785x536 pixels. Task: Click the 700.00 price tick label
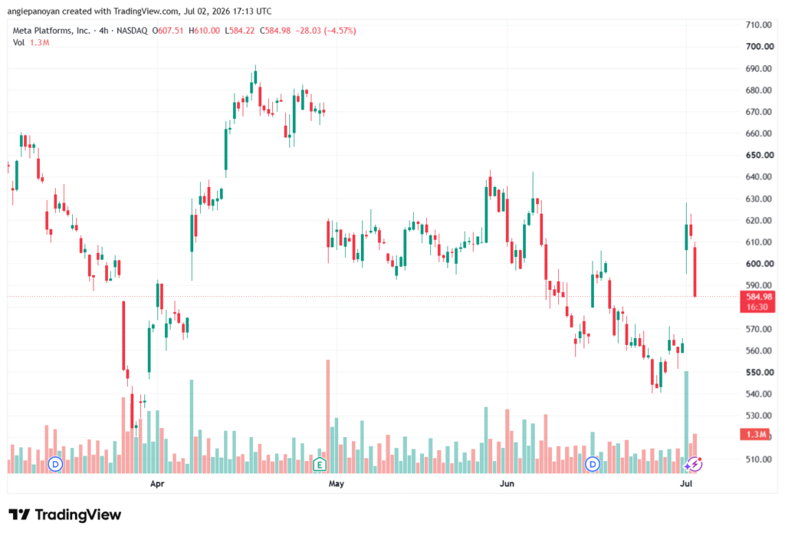pyautogui.click(x=760, y=47)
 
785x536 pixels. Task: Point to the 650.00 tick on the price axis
pyautogui.click(x=760, y=156)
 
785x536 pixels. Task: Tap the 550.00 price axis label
pyautogui.click(x=760, y=373)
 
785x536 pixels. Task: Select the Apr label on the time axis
pyautogui.click(x=157, y=483)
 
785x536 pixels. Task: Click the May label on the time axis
pyautogui.click(x=337, y=483)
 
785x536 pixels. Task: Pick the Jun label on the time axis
pyautogui.click(x=507, y=483)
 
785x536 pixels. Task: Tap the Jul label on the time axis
pyautogui.click(x=686, y=483)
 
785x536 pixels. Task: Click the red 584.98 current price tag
pyautogui.click(x=757, y=302)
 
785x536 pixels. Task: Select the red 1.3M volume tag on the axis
pyautogui.click(x=754, y=434)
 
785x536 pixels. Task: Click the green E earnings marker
pyautogui.click(x=320, y=465)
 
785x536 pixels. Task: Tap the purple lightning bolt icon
pyautogui.click(x=694, y=465)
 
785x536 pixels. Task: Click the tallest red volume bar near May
pyautogui.click(x=328, y=416)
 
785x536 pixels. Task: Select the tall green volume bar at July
pyautogui.click(x=686, y=423)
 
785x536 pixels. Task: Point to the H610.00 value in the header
pyautogui.click(x=204, y=31)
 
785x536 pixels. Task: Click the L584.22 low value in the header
pyautogui.click(x=239, y=31)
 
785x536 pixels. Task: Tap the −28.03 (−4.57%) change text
pyautogui.click(x=325, y=31)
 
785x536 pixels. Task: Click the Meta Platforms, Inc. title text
pyautogui.click(x=51, y=31)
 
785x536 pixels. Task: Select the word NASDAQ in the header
pyautogui.click(x=132, y=31)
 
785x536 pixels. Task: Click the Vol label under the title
pyautogui.click(x=18, y=43)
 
